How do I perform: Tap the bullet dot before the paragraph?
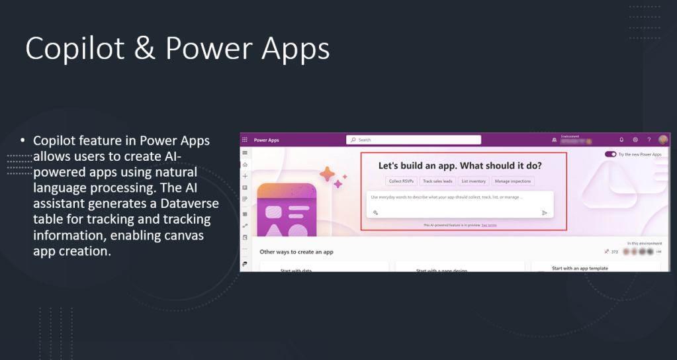coord(22,141)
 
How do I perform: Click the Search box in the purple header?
coord(414,140)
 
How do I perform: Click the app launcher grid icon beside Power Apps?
coord(245,140)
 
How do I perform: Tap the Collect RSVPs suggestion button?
coord(402,181)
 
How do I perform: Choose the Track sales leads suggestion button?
coord(437,181)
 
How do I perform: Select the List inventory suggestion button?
coord(473,181)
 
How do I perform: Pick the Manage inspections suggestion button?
coord(513,181)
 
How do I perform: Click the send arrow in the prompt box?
coord(545,212)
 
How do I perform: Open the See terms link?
coord(489,225)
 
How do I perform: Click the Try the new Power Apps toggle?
coord(610,154)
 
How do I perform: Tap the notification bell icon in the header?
coord(621,140)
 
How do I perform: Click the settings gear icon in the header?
coord(635,140)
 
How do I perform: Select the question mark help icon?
coord(649,140)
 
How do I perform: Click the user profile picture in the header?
coord(663,140)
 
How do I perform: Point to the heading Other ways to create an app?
coord(296,251)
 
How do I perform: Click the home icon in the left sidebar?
coord(245,164)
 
